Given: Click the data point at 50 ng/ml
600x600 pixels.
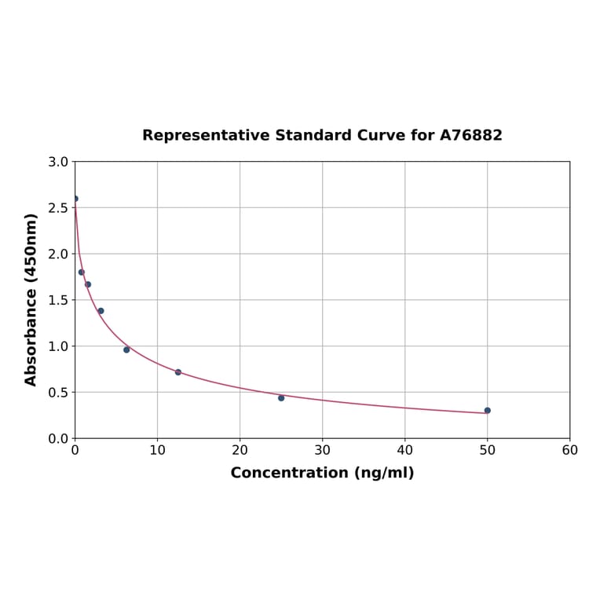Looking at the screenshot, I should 487,410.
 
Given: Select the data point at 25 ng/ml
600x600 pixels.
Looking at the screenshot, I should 281,397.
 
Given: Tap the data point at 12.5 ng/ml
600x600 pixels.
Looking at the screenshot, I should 178,372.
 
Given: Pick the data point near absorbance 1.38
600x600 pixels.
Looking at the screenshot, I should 101,311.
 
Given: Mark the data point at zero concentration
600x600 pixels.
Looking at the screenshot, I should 75,199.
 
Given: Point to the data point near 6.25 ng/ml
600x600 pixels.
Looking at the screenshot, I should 126,349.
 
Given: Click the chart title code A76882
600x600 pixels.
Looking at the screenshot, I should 470,135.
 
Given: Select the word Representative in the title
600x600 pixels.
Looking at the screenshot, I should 206,135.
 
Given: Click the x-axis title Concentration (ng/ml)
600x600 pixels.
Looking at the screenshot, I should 322,473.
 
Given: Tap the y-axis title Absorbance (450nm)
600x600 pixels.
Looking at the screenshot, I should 31,299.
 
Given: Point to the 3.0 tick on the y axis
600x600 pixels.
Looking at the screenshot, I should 58,162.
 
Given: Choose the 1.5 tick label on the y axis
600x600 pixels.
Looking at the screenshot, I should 58,300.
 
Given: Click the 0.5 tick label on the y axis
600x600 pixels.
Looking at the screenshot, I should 58,392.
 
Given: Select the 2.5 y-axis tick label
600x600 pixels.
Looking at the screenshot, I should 58,208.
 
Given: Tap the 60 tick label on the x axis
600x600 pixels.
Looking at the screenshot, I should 569,450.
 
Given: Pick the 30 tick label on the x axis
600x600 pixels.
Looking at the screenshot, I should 322,450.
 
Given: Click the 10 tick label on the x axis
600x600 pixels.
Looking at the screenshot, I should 157,450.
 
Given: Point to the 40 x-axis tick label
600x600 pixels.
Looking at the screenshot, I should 404,450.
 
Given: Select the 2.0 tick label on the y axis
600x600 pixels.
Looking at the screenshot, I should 58,254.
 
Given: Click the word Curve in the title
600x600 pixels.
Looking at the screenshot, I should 381,135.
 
